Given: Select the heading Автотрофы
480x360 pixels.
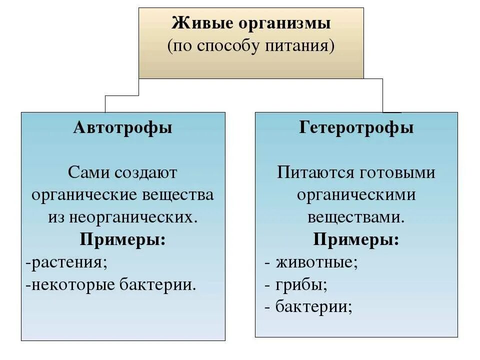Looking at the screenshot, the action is point(123,127).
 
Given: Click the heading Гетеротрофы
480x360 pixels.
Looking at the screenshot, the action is point(356,127).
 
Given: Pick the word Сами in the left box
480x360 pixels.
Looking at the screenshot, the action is point(89,173).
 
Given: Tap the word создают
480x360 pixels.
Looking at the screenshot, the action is point(146,173).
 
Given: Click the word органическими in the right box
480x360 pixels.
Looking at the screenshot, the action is point(356,195).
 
